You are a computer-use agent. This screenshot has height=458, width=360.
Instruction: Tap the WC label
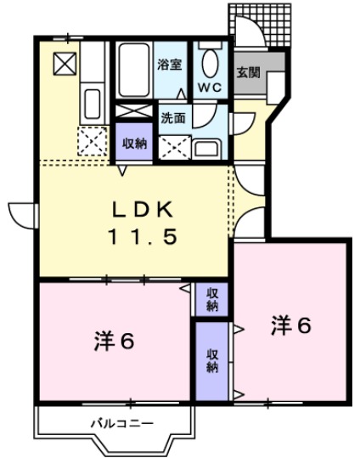point(210,87)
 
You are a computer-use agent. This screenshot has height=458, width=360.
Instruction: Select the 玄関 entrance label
point(247,73)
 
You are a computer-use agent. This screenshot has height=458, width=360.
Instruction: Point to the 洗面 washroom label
point(172,117)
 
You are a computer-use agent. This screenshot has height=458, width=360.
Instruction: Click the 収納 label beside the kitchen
point(134,143)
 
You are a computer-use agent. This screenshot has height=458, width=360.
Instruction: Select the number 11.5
point(143,238)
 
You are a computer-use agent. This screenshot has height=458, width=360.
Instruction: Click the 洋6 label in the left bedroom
point(114,342)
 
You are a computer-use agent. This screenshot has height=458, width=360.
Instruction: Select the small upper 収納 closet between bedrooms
point(211,299)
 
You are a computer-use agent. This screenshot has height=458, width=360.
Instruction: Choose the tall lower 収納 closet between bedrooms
point(211,360)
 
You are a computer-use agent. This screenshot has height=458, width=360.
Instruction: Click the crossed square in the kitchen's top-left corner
point(65,62)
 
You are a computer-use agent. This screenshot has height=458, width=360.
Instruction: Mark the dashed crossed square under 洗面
point(173,145)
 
